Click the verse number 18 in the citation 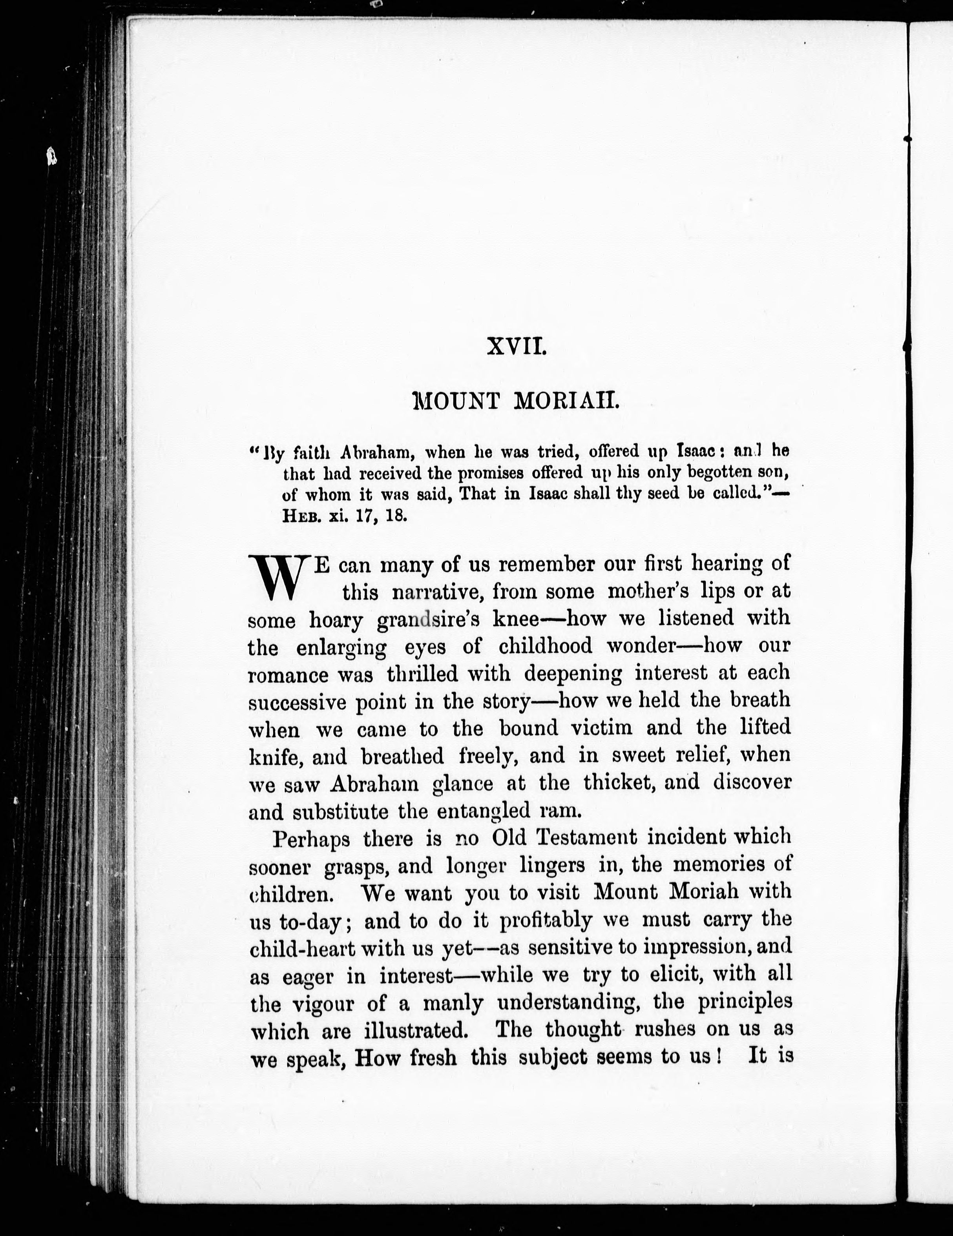pos(396,517)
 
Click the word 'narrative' pos(436,592)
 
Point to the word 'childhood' pos(545,646)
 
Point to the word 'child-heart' pos(302,948)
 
